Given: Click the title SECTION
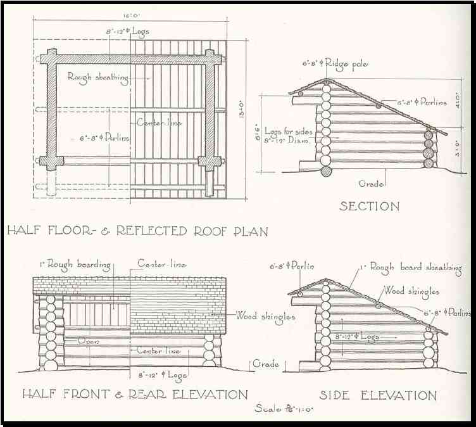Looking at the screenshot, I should click(369, 206).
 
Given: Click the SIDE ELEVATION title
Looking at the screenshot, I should click(377, 395).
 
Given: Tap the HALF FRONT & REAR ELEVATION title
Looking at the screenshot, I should click(135, 394).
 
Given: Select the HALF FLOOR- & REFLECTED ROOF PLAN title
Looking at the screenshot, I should click(137, 231).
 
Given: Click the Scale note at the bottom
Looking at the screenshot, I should click(284, 409).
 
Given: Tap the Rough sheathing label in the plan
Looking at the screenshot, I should click(98, 77).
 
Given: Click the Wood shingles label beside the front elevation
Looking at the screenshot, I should click(265, 315).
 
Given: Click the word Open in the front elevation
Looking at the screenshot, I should click(89, 340).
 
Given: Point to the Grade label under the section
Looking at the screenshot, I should click(372, 184).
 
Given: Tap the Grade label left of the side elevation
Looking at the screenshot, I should click(266, 364).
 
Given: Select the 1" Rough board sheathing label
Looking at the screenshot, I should click(411, 267).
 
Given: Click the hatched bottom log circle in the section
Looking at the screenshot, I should click(326, 170).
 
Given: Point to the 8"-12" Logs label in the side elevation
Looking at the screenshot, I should click(358, 337).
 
